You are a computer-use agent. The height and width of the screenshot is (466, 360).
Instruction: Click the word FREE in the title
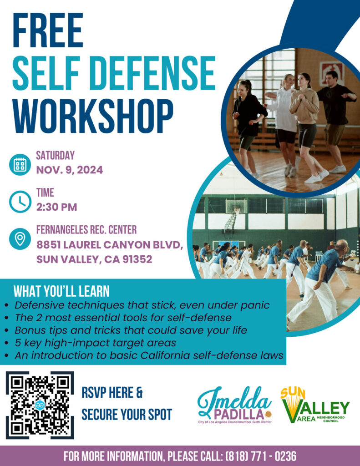point(48,30)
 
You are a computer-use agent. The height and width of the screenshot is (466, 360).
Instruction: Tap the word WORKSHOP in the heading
point(93,116)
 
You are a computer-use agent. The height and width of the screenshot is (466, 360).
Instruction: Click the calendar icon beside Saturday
point(20,165)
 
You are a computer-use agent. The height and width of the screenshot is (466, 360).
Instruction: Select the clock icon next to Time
point(20,202)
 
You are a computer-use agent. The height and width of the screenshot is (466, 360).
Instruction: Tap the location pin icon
point(20,238)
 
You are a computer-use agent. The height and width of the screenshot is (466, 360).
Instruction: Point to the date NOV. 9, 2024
point(70,170)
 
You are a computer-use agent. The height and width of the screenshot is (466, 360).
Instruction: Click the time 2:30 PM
point(56,207)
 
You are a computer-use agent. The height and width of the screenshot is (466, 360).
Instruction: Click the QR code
point(40,405)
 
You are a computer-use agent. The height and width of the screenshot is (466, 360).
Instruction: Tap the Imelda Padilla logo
point(234,405)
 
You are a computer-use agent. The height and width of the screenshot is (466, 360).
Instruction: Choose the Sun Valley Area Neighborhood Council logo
point(315,405)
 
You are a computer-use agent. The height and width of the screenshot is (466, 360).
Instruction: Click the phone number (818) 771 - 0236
point(261,456)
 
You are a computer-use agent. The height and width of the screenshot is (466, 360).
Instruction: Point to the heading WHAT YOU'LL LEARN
point(61,291)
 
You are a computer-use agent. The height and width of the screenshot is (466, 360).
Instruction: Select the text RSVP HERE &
point(112,393)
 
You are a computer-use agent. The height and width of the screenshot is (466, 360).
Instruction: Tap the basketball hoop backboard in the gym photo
point(236,206)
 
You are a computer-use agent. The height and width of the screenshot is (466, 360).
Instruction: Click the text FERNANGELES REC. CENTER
point(86,230)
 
